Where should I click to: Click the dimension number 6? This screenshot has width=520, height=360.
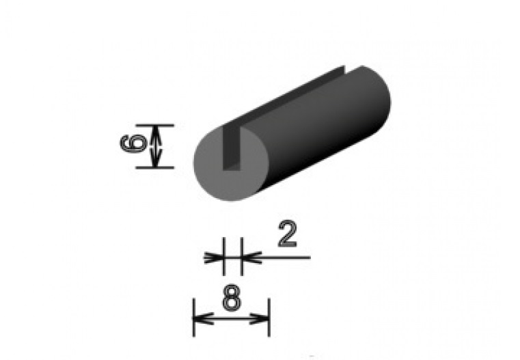pyautogui.click(x=131, y=146)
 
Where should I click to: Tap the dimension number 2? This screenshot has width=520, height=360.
pyautogui.click(x=288, y=235)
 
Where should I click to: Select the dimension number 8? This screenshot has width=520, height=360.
pyautogui.click(x=231, y=298)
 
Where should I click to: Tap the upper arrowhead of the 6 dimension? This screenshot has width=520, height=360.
pyautogui.click(x=157, y=132)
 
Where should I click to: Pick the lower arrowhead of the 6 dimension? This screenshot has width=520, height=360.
pyautogui.click(x=157, y=160)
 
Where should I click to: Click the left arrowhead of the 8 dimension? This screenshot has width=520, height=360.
pyautogui.click(x=200, y=318)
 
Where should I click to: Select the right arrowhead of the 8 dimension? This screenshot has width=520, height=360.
pyautogui.click(x=263, y=318)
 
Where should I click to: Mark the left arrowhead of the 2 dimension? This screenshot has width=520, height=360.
pyautogui.click(x=217, y=258)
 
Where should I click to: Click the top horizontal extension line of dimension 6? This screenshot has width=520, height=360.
pyautogui.click(x=154, y=125)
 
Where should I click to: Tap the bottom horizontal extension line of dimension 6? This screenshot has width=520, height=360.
pyautogui.click(x=154, y=167)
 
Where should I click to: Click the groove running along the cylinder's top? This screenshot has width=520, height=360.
pyautogui.click(x=294, y=96)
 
